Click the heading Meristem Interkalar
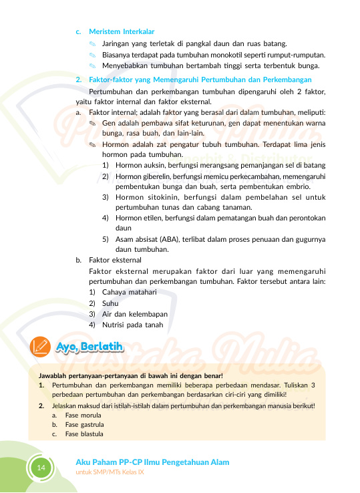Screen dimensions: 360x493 (x=122, y=31)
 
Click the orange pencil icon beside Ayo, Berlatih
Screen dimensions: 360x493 (x=41, y=347)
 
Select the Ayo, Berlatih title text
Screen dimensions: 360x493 (x=89, y=347)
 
